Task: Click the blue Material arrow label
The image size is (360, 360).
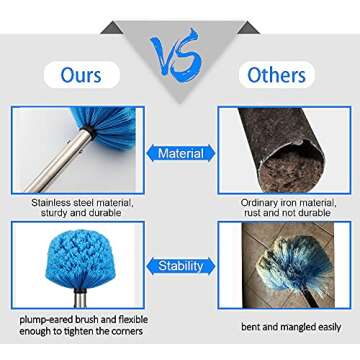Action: click(x=180, y=154)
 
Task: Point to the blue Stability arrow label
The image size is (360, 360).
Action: click(x=180, y=266)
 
